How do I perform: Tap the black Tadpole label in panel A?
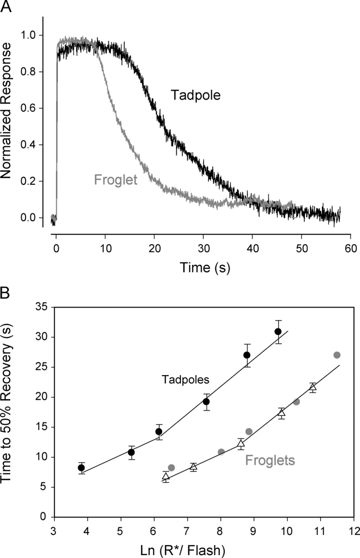pos(195,96)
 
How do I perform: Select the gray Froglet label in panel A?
pos(115,179)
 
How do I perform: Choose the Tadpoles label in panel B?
pos(186,380)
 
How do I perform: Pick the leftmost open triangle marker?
pos(166,476)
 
